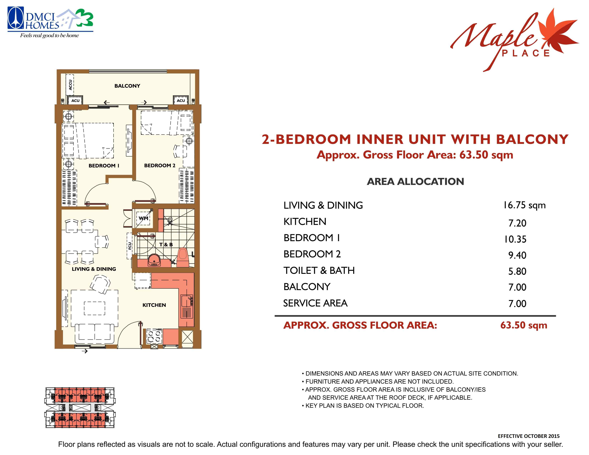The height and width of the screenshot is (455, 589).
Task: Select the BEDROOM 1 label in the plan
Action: [x=104, y=166]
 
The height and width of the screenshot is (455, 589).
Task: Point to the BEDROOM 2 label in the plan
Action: [x=160, y=165]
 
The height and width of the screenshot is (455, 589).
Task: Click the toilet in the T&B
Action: [x=183, y=257]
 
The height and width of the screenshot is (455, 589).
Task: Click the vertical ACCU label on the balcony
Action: [x=70, y=85]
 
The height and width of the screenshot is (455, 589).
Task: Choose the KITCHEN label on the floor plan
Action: [x=154, y=305]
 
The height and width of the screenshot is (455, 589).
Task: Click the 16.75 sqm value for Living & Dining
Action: [x=524, y=205]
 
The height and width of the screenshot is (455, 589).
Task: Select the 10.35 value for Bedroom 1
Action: [x=515, y=239]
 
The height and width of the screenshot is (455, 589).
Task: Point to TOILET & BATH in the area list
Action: [x=319, y=270]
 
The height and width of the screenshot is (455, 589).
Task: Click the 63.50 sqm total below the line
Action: [x=524, y=325]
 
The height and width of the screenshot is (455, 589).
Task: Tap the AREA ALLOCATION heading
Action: [x=415, y=182]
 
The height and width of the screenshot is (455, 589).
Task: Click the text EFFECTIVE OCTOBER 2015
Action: [x=529, y=436]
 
